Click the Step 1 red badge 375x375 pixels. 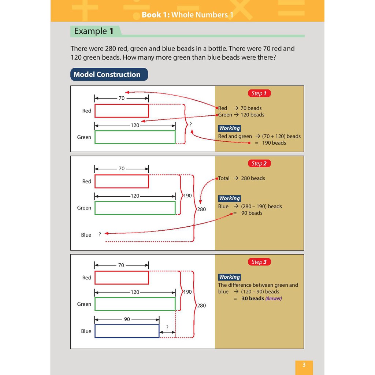point(259,93)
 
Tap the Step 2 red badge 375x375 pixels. point(259,163)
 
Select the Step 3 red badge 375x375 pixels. point(259,262)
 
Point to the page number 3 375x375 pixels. point(304,365)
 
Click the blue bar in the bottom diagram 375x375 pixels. point(127,331)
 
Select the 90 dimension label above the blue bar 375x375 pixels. point(127,319)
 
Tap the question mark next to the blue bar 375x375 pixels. point(167,327)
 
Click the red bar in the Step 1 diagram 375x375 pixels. point(122,111)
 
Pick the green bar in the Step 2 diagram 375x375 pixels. point(135,208)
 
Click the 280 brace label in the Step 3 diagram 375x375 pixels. point(201,305)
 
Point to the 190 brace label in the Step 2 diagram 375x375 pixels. point(187,196)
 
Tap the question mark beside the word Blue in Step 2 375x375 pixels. point(100,234)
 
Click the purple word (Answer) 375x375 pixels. point(274,298)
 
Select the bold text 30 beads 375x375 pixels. point(253,298)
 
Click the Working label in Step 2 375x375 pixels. point(229,198)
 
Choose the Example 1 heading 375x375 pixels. point(93,31)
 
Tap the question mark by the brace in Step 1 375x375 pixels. point(190,125)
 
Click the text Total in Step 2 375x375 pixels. point(224,178)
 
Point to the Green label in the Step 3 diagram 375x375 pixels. point(84,304)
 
